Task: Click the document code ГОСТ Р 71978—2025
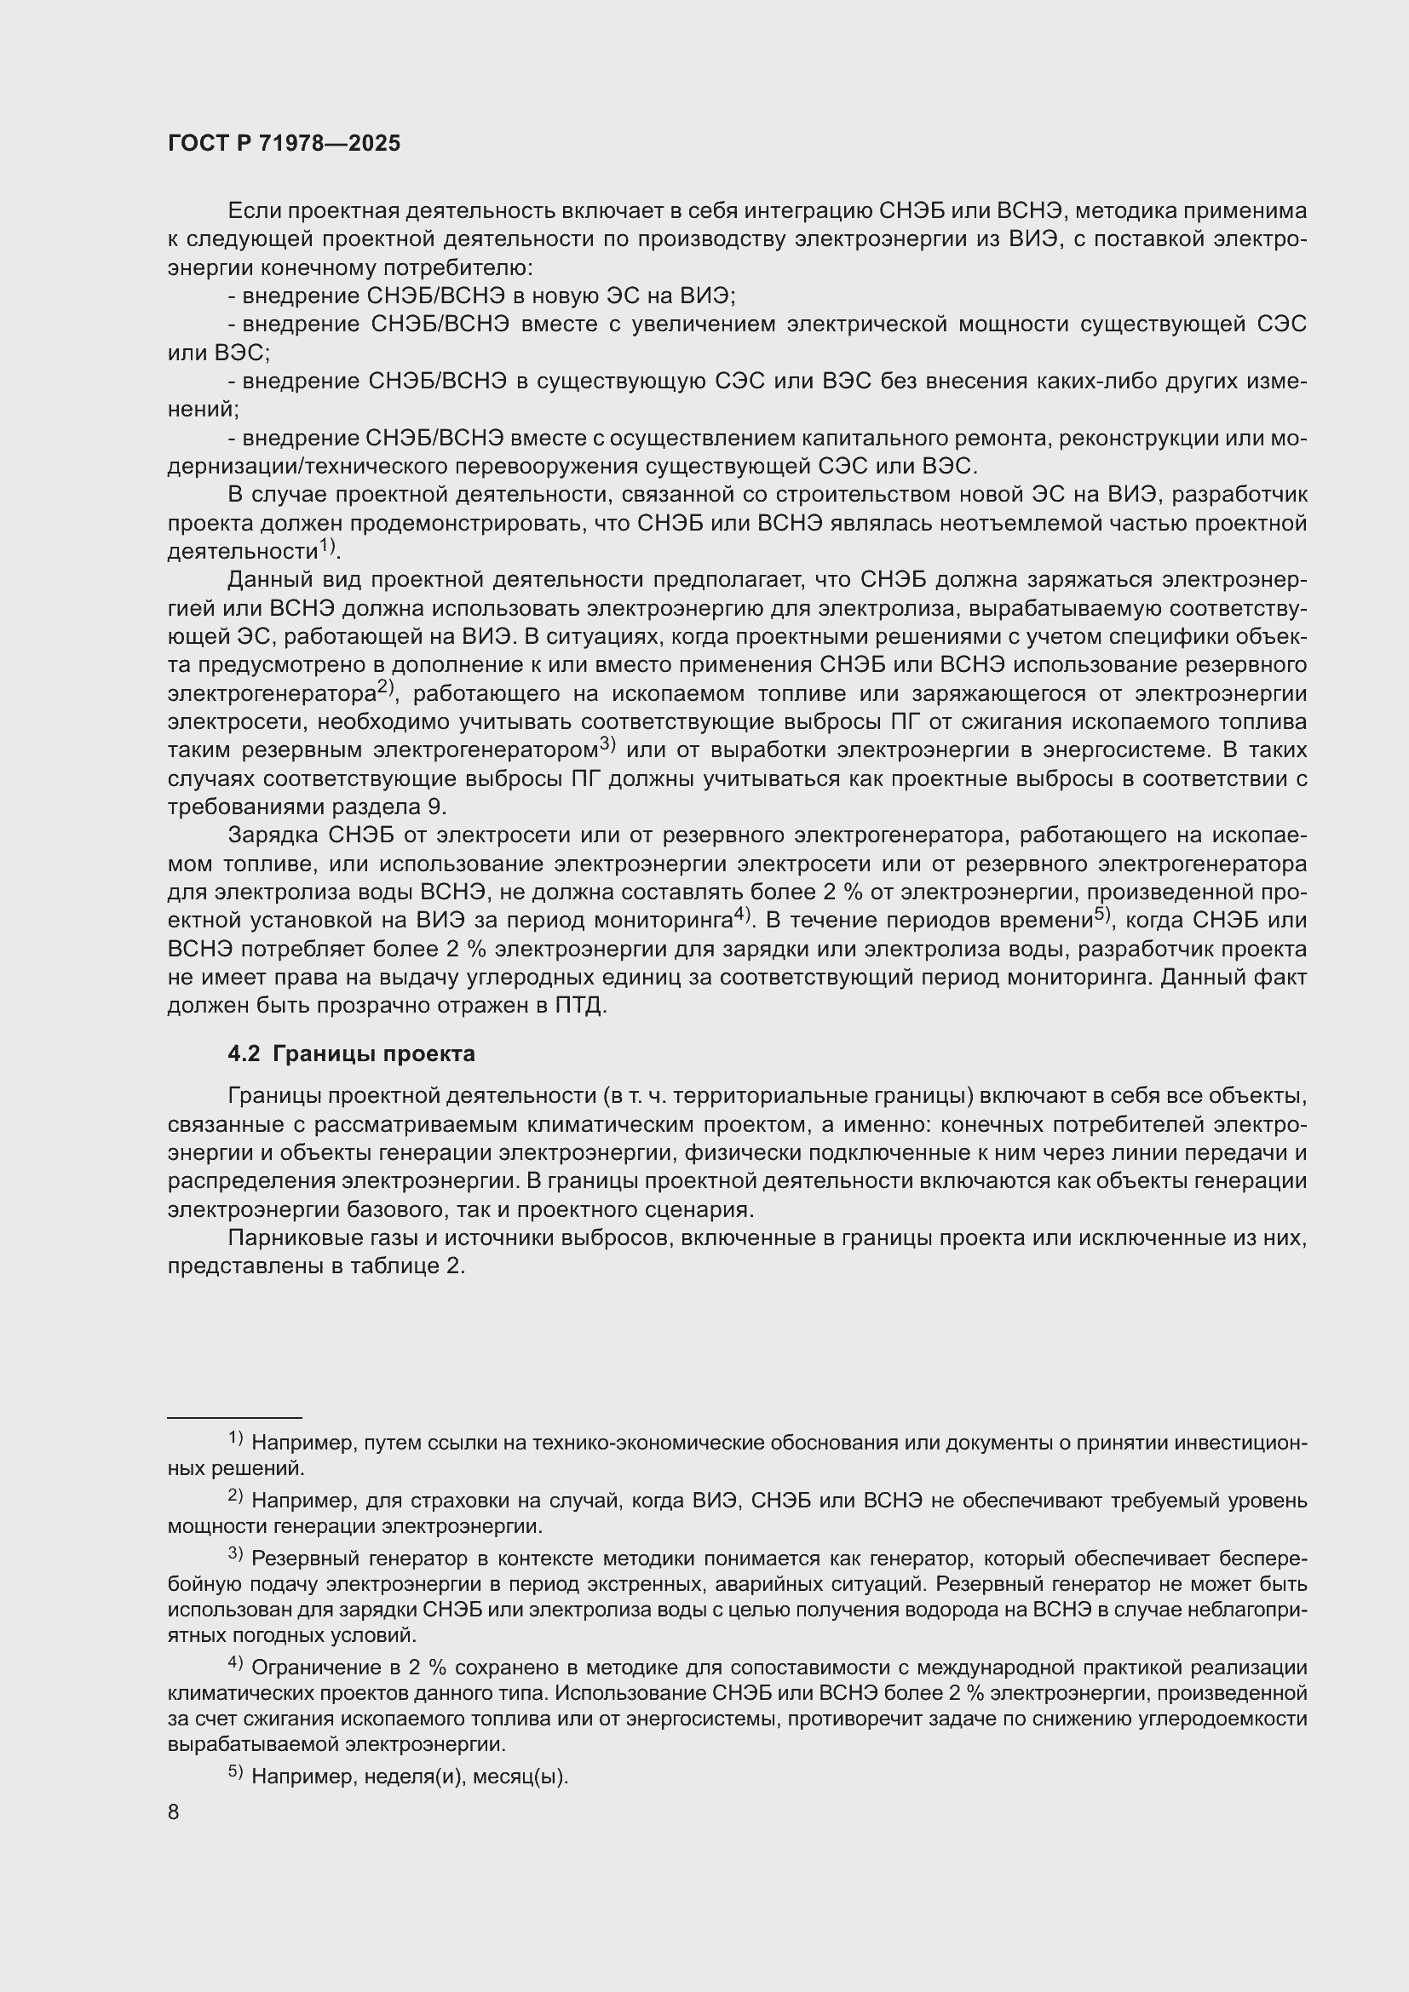pos(284,143)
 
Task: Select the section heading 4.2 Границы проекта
pos(350,1054)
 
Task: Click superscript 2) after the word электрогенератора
pos(385,689)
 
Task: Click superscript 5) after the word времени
pos(1101,915)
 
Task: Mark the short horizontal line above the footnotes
pos(234,1418)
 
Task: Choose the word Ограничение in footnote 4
pos(313,1668)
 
